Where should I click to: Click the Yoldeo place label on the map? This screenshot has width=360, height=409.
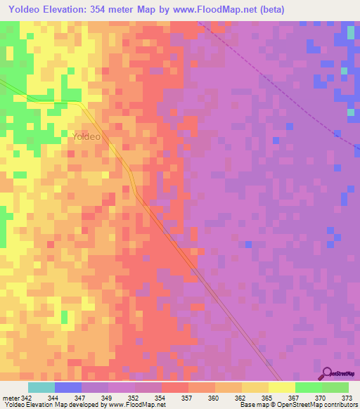[x=86, y=137]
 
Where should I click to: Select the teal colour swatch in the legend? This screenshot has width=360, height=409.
[x=41, y=387]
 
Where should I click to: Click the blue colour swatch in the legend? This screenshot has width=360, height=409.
[x=68, y=387]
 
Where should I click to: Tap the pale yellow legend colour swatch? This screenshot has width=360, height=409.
[x=281, y=387]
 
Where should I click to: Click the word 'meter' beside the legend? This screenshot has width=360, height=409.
[x=10, y=397]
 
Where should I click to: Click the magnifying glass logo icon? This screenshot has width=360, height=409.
[x=326, y=374]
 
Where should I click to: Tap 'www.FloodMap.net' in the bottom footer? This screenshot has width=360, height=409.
[x=134, y=405]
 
